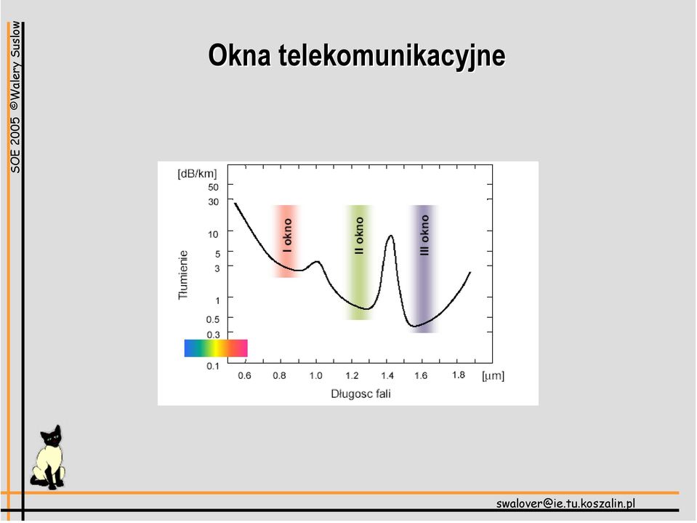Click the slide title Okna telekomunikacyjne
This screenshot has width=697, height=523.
pyautogui.click(x=357, y=55)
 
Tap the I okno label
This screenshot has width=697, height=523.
pyautogui.click(x=288, y=235)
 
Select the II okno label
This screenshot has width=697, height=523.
pyautogui.click(x=359, y=236)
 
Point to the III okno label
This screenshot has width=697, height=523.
pyautogui.click(x=424, y=235)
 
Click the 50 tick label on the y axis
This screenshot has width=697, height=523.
pyautogui.click(x=214, y=187)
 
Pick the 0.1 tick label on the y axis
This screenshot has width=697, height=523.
pyautogui.click(x=213, y=366)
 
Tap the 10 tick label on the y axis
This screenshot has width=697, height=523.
pyautogui.click(x=214, y=234)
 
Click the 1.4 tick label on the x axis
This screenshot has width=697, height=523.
pyautogui.click(x=387, y=376)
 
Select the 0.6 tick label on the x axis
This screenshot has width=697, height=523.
pyautogui.click(x=244, y=376)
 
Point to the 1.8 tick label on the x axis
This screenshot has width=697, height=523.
pyautogui.click(x=459, y=375)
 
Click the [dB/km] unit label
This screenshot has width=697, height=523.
pyautogui.click(x=197, y=173)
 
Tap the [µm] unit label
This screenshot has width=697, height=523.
pyautogui.click(x=493, y=376)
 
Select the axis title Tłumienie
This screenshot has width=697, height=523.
pyautogui.click(x=183, y=275)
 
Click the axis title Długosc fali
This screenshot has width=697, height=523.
pyautogui.click(x=360, y=394)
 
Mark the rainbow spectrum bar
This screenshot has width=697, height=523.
pyautogui.click(x=216, y=348)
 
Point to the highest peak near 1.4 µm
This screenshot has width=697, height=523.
pyautogui.click(x=391, y=236)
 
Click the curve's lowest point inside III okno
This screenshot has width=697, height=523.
pyautogui.click(x=414, y=327)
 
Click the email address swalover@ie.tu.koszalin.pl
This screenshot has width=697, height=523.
pyautogui.click(x=565, y=503)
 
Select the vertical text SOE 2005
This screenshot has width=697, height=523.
pyautogui.click(x=15, y=145)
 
